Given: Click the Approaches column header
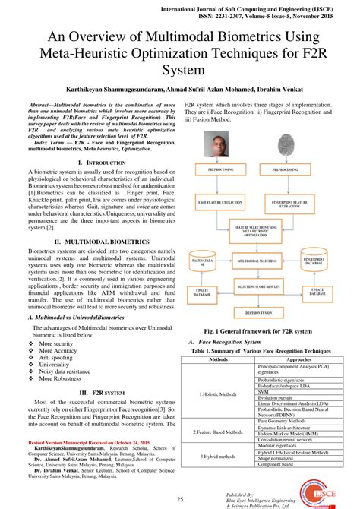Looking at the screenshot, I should (x=298, y=359).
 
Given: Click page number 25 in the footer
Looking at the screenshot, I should (x=180, y=498).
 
